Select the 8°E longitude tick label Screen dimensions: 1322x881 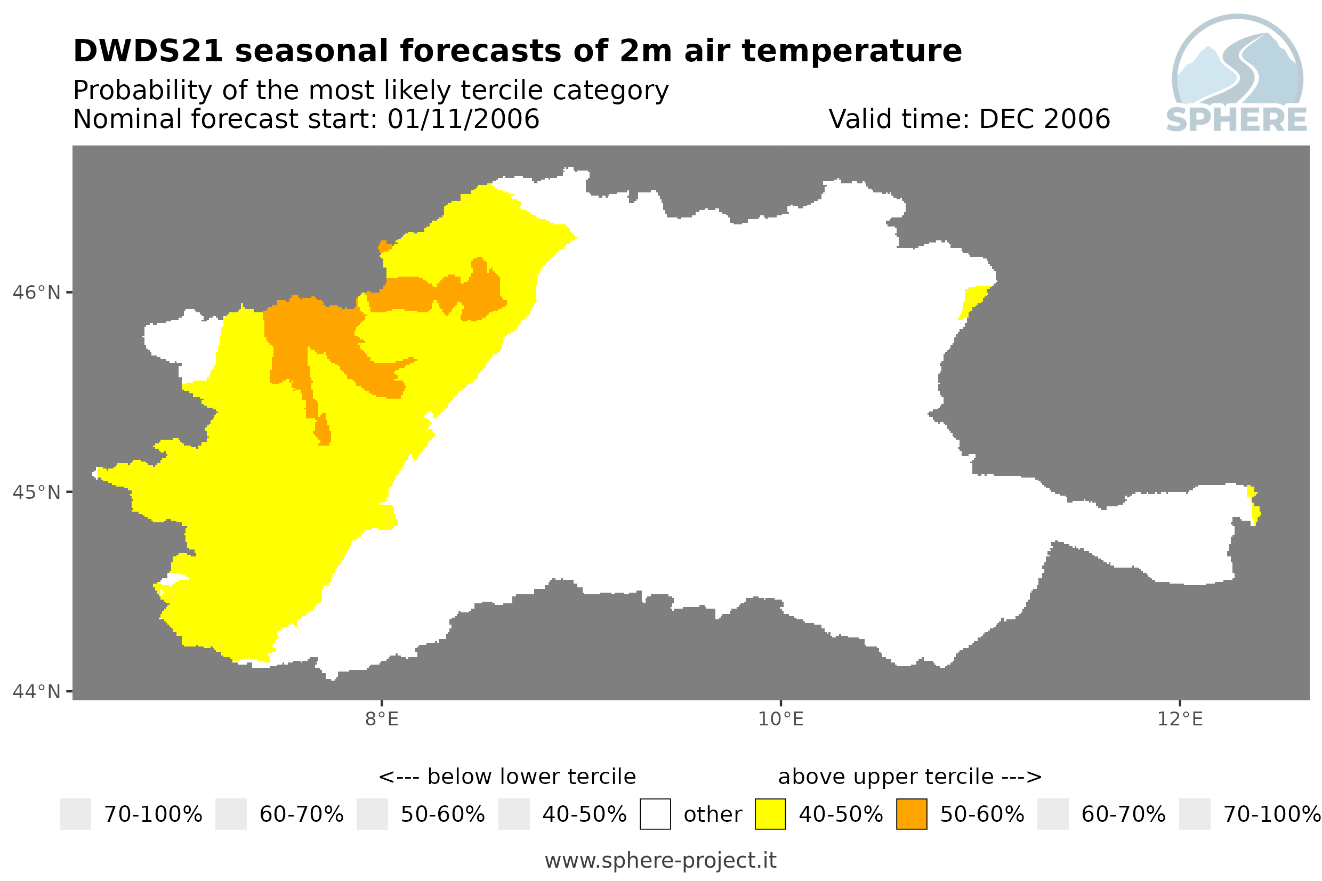coord(382,719)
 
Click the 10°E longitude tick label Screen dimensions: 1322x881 coord(781,719)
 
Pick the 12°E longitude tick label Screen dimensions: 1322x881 coord(1180,719)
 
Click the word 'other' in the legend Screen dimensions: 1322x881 coord(713,815)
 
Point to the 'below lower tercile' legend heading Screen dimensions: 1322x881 coord(531,777)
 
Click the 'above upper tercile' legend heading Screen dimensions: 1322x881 coord(886,777)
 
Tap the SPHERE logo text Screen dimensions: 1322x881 coord(1237,120)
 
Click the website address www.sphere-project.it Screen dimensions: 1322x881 coord(660,861)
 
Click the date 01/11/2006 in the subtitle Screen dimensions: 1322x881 coord(464,119)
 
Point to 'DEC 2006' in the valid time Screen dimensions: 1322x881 coord(1045,119)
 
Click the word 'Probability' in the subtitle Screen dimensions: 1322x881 coord(143,91)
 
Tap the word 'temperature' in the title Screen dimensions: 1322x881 coord(852,52)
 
